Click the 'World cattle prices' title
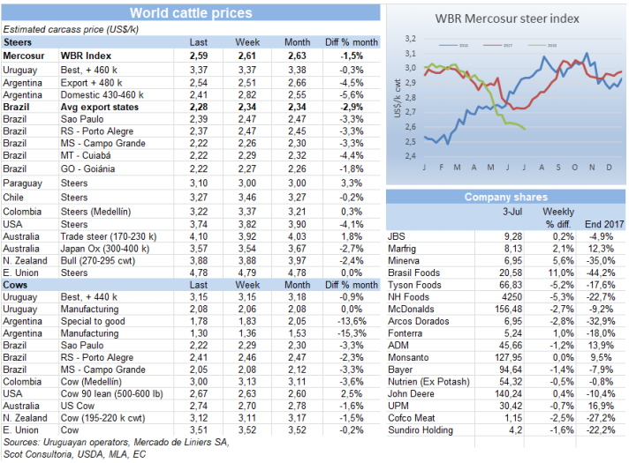click(x=190, y=13)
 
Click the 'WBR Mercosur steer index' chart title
click(x=506, y=19)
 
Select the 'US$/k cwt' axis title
click(x=398, y=99)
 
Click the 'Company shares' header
click(x=505, y=198)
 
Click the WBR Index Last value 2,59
click(x=199, y=55)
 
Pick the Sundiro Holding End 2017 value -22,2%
click(x=602, y=429)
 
